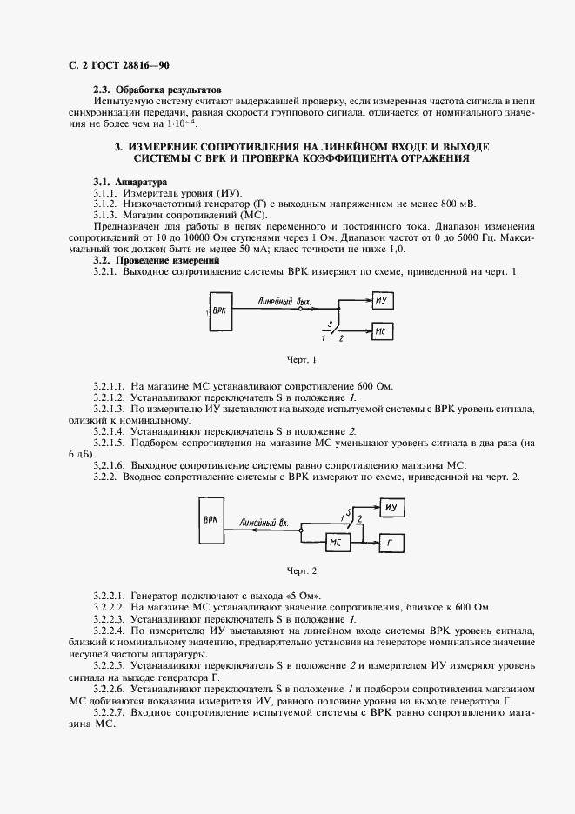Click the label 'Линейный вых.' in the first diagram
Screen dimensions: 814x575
tap(284, 300)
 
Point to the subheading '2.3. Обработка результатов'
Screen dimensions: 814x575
tap(157, 90)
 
